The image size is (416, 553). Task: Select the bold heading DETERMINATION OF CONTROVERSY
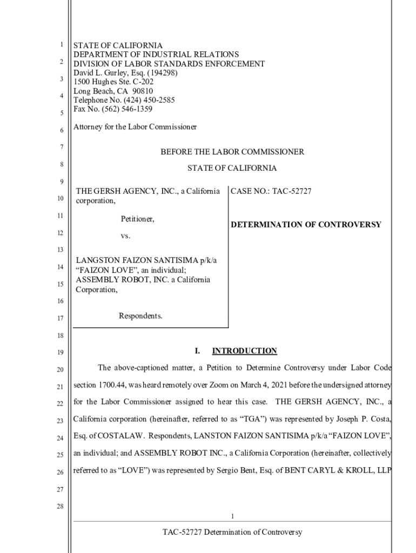(306, 225)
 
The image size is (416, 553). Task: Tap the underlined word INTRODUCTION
(244, 351)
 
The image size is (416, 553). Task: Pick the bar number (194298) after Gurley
(158, 72)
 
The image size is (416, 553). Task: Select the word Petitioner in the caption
(137, 219)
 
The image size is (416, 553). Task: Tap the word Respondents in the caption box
(140, 316)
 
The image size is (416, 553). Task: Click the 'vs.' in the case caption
(125, 237)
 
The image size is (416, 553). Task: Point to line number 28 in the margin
(61, 507)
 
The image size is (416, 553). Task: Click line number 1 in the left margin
(62, 45)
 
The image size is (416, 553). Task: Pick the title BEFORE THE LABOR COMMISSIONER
(232, 152)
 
